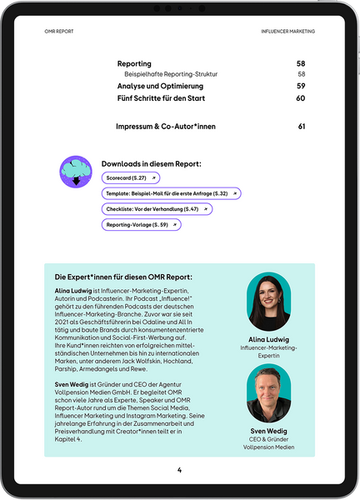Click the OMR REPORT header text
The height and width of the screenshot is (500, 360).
point(59,31)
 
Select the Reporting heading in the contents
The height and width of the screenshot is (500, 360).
point(134,63)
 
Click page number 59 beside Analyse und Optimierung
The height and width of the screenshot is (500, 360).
point(301,86)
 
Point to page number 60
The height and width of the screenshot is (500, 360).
point(301,98)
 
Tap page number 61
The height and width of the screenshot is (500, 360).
point(301,127)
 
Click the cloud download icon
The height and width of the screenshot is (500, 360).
point(76,171)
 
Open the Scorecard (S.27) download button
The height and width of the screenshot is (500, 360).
point(130,178)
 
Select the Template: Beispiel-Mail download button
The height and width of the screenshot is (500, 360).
point(171,193)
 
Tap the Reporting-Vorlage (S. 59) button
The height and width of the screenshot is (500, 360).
point(141,224)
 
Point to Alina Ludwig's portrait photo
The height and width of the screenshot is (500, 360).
point(268,301)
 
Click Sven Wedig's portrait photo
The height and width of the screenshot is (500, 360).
point(268,392)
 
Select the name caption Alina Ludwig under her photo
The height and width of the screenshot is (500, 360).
point(268,339)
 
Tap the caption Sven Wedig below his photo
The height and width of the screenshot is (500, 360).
point(268,431)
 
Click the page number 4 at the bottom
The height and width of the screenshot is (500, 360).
point(179,470)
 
